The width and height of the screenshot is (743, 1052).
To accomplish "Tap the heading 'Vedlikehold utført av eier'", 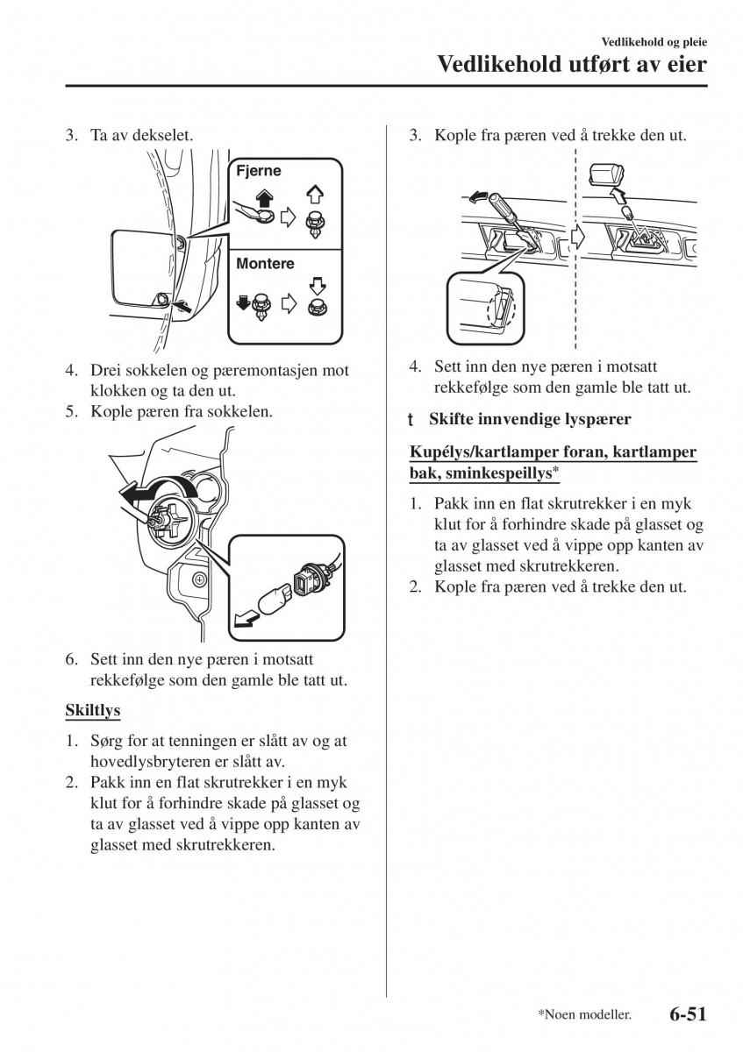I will pyautogui.click(x=571, y=64).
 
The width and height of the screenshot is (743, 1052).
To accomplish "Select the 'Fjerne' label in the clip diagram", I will pyautogui.click(x=259, y=171).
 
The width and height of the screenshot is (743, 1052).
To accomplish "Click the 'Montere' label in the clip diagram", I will pyautogui.click(x=265, y=263).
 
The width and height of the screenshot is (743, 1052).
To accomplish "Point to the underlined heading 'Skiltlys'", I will pyautogui.click(x=92, y=709).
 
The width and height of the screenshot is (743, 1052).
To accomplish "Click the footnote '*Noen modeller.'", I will pyautogui.click(x=585, y=1015).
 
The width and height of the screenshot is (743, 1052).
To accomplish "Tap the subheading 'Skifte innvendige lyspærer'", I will pyautogui.click(x=530, y=420).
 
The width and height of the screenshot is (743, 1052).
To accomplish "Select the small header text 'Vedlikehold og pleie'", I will pyautogui.click(x=654, y=41).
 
